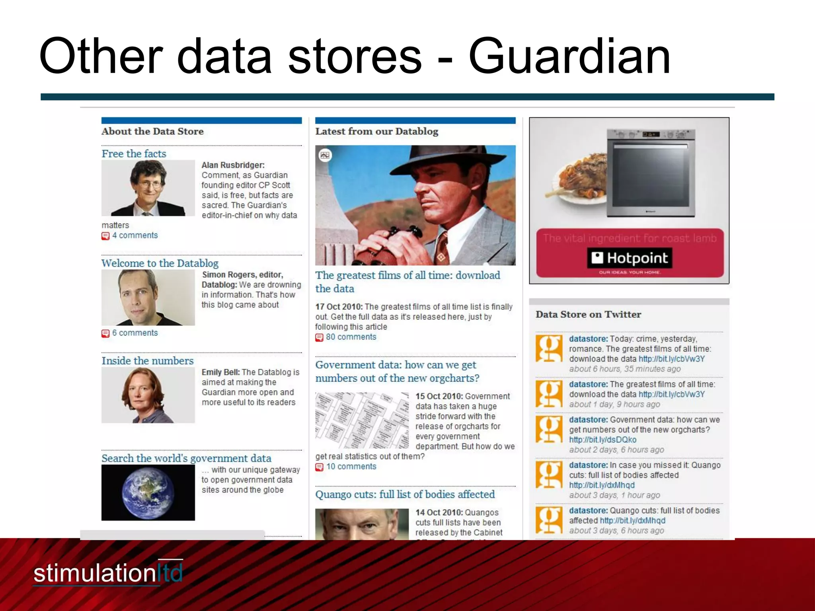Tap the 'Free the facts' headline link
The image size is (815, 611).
click(x=134, y=154)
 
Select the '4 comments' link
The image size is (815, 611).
click(x=135, y=235)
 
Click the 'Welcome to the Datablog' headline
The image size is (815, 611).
click(x=160, y=263)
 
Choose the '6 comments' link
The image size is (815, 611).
click(x=135, y=333)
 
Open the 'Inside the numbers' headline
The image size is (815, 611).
click(x=147, y=361)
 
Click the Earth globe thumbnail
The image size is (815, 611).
click(x=148, y=492)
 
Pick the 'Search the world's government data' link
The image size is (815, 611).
click(x=186, y=458)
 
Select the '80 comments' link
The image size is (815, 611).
click(x=351, y=337)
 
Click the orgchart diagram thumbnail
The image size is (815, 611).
click(x=362, y=420)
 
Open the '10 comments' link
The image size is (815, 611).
click(x=351, y=467)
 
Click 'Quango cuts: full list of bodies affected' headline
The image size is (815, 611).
click(x=405, y=494)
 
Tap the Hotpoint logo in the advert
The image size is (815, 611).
click(x=629, y=259)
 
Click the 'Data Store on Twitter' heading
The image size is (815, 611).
click(x=588, y=314)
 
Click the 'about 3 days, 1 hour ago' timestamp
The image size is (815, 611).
click(x=614, y=495)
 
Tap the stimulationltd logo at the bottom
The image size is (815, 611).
click(x=108, y=573)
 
